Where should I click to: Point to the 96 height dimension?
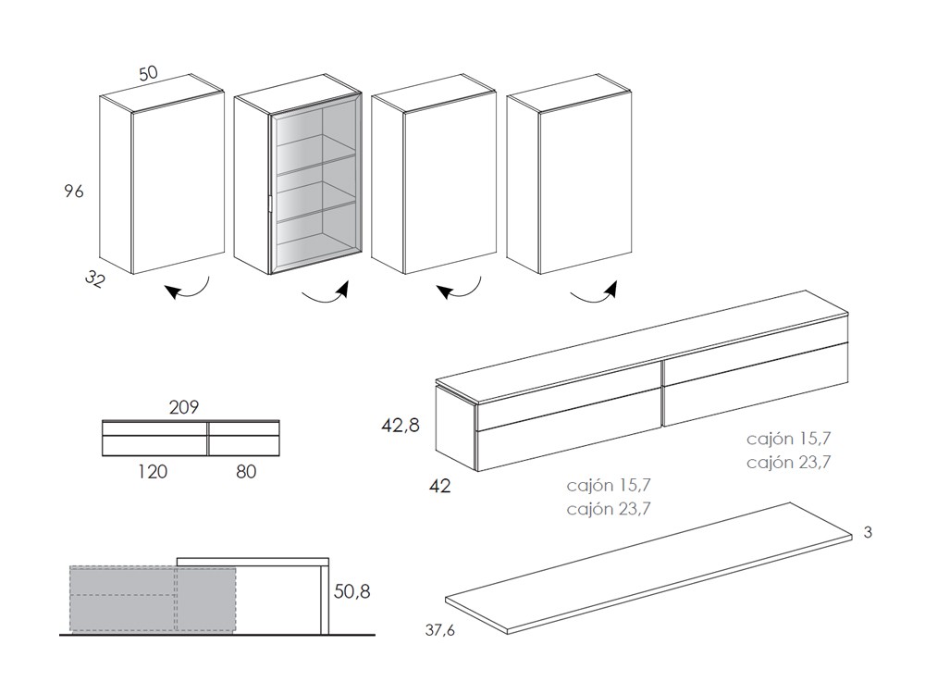[x=74, y=192]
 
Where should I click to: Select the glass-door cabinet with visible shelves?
[x=296, y=180]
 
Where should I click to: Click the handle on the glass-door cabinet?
[x=268, y=207]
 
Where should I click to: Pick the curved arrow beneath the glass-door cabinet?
[x=326, y=295]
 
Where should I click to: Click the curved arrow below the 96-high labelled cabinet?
[x=188, y=291]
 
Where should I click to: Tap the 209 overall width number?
[x=184, y=406]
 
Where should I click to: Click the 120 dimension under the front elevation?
[x=153, y=472]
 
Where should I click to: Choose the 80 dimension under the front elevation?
[x=245, y=472]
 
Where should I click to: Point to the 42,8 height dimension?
[x=401, y=427]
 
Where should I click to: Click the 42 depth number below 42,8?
[x=440, y=485]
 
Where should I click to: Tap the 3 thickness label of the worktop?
[x=867, y=532]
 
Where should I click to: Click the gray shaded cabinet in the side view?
[x=153, y=600]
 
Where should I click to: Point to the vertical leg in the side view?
[x=325, y=599]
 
